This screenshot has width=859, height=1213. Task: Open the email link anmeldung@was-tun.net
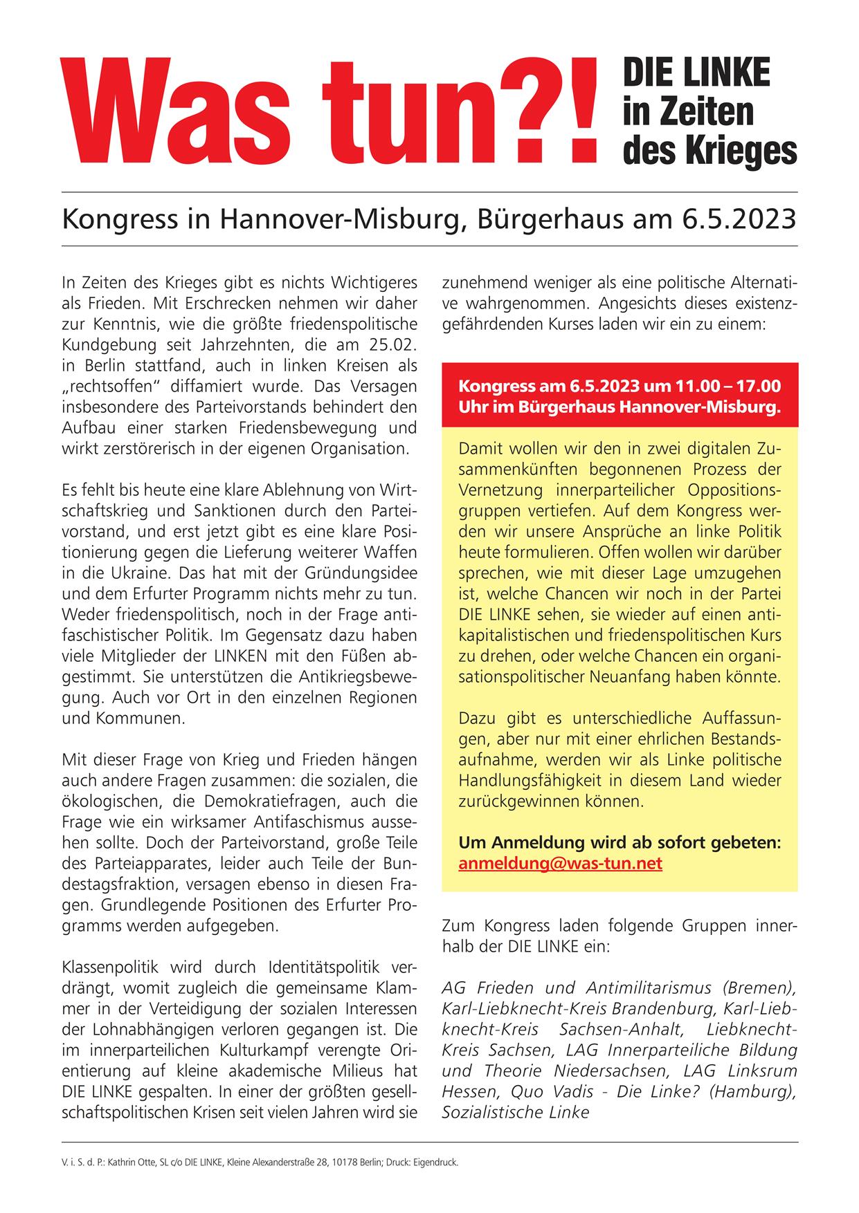[x=560, y=864]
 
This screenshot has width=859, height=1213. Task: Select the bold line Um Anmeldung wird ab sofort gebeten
[x=620, y=843]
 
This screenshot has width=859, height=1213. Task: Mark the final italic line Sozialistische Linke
[x=515, y=1112]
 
